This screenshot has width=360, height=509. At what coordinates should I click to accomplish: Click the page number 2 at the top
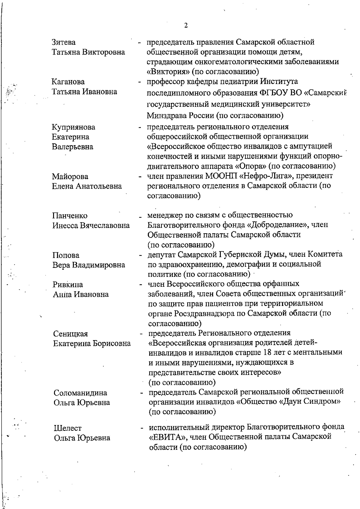tap(186, 25)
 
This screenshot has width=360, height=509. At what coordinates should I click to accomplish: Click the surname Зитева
tap(64, 42)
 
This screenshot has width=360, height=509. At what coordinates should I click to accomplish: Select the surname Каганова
tap(68, 82)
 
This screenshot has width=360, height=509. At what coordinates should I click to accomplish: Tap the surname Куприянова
tap(73, 127)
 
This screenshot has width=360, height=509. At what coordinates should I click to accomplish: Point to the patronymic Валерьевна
tap(73, 147)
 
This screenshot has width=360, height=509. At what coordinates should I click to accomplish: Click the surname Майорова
tap(70, 176)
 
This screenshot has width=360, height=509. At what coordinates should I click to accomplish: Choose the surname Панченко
tap(70, 216)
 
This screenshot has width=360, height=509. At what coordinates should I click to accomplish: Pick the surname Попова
tap(66, 255)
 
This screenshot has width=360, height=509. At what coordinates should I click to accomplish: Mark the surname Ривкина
tap(68, 284)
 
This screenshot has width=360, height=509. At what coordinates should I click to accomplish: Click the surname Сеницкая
tap(70, 334)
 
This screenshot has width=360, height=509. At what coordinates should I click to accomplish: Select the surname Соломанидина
tap(80, 393)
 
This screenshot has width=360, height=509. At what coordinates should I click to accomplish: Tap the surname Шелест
tap(67, 428)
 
